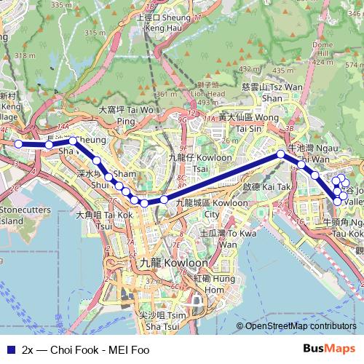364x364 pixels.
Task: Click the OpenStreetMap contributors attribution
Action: coord(301,326)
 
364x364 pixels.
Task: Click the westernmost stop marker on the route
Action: coord(19,144)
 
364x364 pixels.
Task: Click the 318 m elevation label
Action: coord(25,55)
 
